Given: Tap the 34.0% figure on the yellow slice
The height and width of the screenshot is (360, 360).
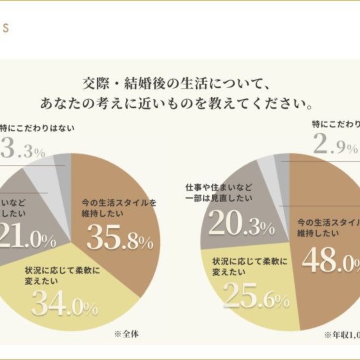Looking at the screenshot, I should (x=64, y=304).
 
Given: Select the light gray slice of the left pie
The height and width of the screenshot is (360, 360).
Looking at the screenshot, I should (x=46, y=170).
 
